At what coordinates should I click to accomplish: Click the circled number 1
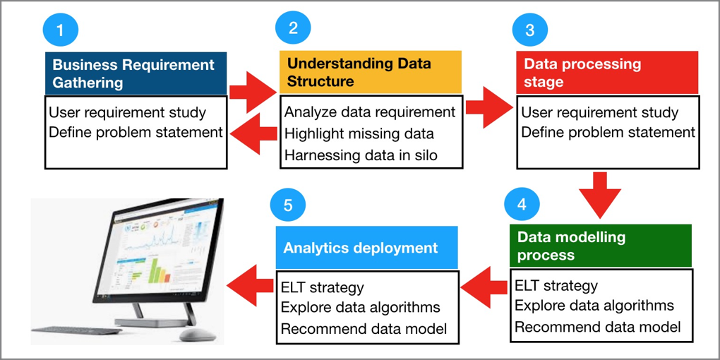pos(60,30)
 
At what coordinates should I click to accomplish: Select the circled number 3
pos(530,30)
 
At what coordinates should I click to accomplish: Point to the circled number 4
pos(522,204)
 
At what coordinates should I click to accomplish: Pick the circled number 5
pos(288,205)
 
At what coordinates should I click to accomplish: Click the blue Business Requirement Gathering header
pos(136,73)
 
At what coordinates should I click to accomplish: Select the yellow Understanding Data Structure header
pos(371,71)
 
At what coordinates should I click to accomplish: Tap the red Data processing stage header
pos(607,73)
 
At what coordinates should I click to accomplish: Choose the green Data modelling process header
pos(601,246)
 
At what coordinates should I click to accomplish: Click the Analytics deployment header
pos(367,248)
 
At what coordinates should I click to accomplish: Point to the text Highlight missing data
pos(359,133)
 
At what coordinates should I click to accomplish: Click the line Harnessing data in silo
pos(361,155)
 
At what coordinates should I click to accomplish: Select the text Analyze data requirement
pos(370,112)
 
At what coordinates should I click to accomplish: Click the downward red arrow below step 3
pos(600,195)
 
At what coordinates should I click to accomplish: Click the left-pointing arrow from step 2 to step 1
pos(253,133)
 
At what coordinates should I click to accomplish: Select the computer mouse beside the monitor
pos(198,335)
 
